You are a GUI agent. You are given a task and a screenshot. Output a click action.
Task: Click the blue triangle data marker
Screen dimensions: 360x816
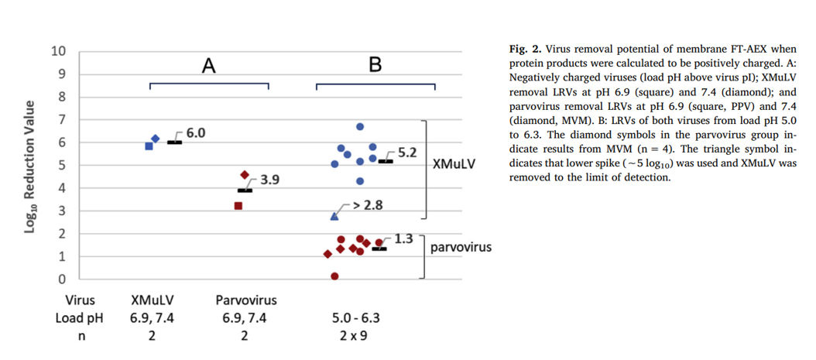point(334,217)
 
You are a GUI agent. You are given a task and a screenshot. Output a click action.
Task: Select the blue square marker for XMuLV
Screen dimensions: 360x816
point(149,146)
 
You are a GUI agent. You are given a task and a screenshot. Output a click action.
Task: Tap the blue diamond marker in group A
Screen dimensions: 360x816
point(156,139)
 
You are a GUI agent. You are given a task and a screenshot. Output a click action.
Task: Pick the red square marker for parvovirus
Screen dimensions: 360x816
point(238,206)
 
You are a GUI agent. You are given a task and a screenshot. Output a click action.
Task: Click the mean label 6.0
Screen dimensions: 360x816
point(195,133)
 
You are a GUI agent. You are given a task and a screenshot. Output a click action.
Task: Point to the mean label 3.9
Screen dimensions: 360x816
point(269,180)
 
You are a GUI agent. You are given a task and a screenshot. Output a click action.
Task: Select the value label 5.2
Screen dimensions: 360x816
point(407,153)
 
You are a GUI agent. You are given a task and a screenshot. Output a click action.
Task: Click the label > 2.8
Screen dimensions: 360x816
point(368,205)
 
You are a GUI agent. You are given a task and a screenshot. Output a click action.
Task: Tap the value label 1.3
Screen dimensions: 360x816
point(404,239)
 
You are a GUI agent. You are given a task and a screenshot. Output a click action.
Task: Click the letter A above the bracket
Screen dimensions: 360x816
point(208,66)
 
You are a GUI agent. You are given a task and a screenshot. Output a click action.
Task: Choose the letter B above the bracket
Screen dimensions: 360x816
point(375,66)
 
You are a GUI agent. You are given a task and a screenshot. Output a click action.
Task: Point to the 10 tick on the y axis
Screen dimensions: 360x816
point(59,51)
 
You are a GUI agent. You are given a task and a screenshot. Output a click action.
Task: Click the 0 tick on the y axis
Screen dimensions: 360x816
point(63,279)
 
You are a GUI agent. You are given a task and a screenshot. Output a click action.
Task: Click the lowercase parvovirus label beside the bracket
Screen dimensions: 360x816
point(461,248)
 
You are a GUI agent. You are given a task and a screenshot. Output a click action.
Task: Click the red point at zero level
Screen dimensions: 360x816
point(334,276)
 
